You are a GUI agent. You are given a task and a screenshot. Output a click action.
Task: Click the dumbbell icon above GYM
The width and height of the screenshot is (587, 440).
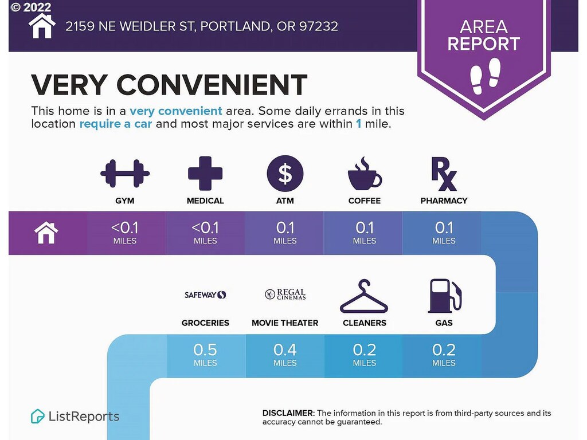coord(124,173)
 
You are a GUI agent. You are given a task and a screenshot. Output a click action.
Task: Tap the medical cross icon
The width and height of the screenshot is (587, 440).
coord(205,173)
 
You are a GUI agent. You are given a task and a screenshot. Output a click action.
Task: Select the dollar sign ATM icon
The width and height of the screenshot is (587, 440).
coord(285,173)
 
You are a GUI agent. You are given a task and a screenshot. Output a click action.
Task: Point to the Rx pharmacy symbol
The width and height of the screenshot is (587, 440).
coord(444,174)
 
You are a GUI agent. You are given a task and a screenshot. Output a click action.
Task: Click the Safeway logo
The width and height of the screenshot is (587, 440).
coord(205,295)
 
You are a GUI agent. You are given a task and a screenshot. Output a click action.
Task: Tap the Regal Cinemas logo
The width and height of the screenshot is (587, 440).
coord(285,294)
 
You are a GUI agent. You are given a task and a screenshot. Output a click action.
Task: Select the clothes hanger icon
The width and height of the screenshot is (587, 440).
coord(364,296)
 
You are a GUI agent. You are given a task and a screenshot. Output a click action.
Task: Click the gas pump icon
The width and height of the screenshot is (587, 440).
coord(444,296)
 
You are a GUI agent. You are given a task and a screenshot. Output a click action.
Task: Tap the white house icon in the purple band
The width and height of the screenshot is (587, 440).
coord(46,233)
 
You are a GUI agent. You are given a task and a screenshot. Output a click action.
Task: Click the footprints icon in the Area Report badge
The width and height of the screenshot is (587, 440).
coord(485,76)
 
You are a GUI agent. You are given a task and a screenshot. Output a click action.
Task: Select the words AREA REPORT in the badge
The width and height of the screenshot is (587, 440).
coord(484,35)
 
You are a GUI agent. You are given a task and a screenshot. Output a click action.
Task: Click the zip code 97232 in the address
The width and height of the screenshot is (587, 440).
coord(319,26)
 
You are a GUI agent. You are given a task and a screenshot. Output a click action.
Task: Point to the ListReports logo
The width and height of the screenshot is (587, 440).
coord(75,416)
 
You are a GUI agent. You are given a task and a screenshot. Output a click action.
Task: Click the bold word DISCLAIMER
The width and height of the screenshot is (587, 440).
coord(289,413)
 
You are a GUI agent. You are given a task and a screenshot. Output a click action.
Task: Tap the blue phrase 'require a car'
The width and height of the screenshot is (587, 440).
coord(116,124)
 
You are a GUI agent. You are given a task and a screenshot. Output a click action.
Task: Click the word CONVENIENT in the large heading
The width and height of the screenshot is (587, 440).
coord(212,85)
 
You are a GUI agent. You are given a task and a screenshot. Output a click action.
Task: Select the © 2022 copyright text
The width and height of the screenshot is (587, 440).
coord(31,7)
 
